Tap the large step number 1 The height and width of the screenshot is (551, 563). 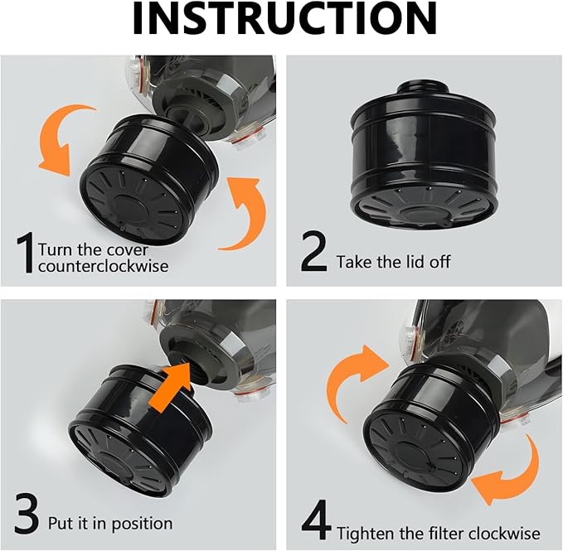pyautogui.click(x=25, y=253)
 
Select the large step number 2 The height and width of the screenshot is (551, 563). pyautogui.click(x=313, y=253)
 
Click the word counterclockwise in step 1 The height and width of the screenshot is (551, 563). pyautogui.click(x=103, y=266)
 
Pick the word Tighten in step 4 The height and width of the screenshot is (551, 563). pyautogui.click(x=367, y=533)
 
